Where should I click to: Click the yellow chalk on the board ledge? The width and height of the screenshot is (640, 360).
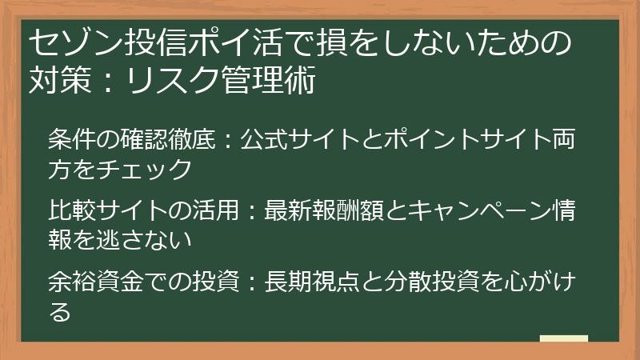(563, 338)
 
